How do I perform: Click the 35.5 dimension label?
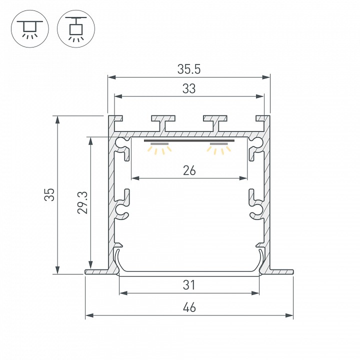click(x=189, y=69)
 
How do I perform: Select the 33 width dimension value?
click(x=189, y=88)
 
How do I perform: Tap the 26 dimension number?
click(x=189, y=170)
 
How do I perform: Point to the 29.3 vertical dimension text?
click(x=82, y=202)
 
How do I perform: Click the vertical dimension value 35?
click(x=49, y=194)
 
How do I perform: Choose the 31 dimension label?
click(x=189, y=285)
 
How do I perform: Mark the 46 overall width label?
click(x=189, y=307)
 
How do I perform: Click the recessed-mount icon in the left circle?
click(x=30, y=29)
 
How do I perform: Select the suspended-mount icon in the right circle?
click(x=76, y=29)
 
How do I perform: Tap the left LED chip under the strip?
click(x=159, y=144)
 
